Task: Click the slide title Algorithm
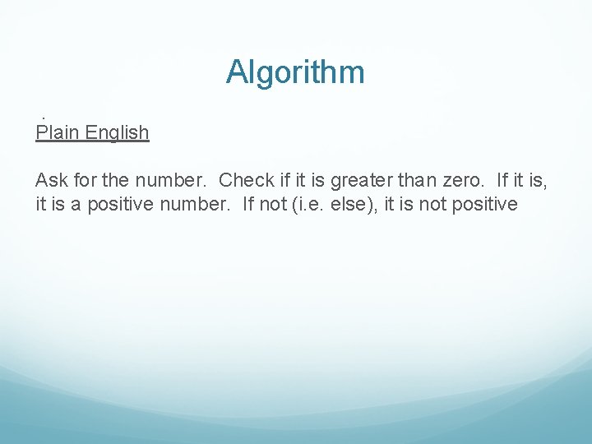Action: (295, 72)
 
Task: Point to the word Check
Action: (247, 180)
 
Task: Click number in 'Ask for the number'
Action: (168, 180)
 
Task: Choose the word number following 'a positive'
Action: (194, 204)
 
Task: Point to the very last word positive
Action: (483, 204)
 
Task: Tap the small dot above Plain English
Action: (43, 117)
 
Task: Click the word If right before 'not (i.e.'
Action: (248, 204)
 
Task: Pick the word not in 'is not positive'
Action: (432, 204)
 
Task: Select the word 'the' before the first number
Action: (116, 180)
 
